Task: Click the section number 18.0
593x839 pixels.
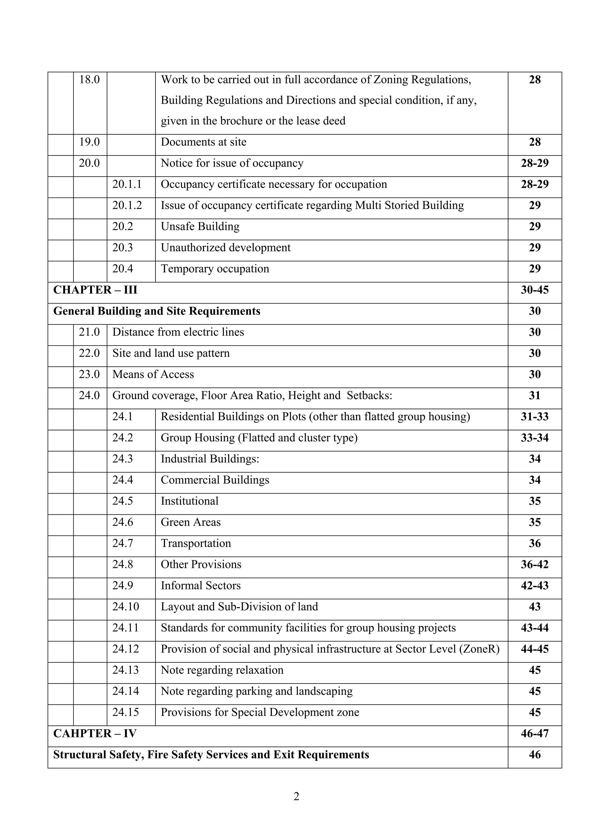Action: click(89, 80)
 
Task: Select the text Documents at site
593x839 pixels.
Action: click(204, 142)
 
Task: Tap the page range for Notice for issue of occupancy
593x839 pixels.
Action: click(534, 163)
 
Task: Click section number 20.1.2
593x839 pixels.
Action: click(127, 205)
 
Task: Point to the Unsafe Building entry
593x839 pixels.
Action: click(200, 226)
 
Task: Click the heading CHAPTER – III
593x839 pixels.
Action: click(95, 290)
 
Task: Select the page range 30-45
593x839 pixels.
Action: click(534, 290)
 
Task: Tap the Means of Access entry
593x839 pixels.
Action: click(153, 374)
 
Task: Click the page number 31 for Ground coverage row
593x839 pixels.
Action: click(534, 395)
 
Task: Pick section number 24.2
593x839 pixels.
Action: click(122, 438)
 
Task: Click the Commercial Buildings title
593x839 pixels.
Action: click(215, 480)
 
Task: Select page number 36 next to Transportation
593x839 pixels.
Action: click(534, 543)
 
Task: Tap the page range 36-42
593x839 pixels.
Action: click(534, 564)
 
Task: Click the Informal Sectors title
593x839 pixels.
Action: click(201, 586)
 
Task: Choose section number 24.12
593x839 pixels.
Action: click(125, 649)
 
